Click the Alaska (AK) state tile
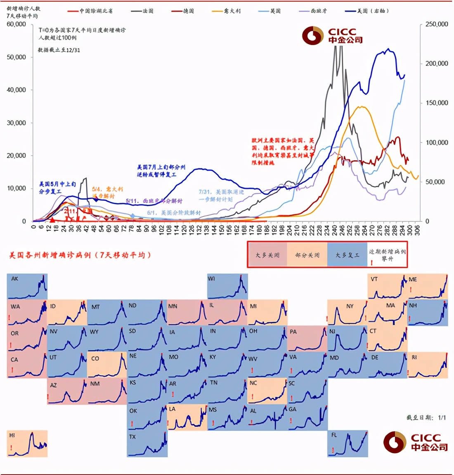tap(27, 286)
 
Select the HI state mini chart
tap(27, 443)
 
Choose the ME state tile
tap(428, 286)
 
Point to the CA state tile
tap(27, 365)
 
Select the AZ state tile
tap(67, 391)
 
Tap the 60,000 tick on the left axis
tap(16, 24)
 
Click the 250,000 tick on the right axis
tap(436, 24)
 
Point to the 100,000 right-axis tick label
tap(436, 142)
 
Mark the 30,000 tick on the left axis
tap(16, 123)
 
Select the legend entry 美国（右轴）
tap(367, 11)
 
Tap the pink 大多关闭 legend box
tap(267, 255)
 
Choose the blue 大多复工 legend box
tap(347, 255)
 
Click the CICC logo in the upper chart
tap(332, 36)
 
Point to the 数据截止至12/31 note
tap(59, 50)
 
